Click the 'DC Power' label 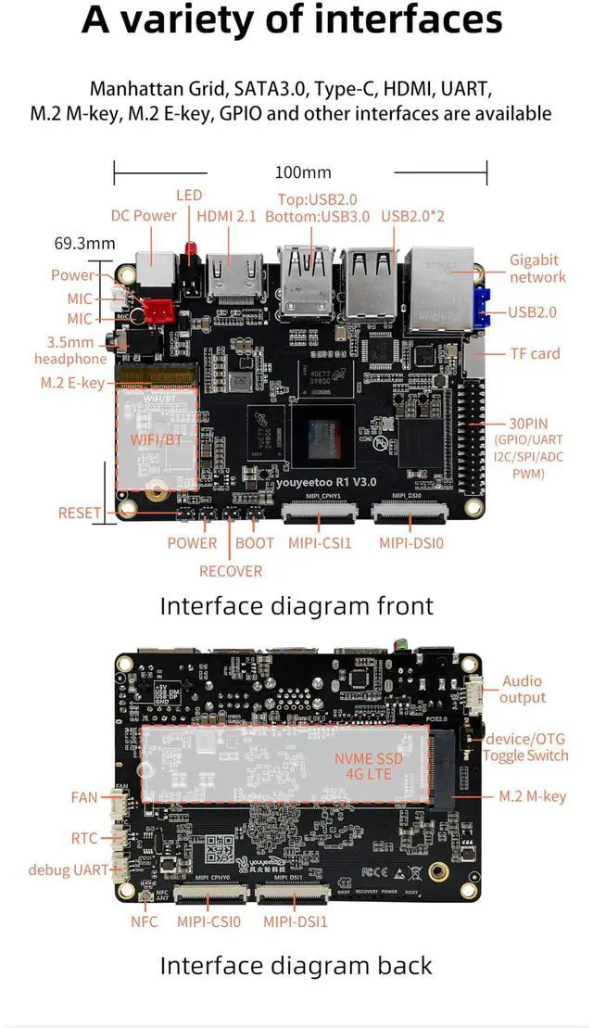point(144,215)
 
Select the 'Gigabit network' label point(537,269)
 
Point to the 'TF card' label point(536,353)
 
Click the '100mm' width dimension point(303,172)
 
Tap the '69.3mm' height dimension point(84,244)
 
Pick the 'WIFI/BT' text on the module point(157,438)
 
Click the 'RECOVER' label point(231,571)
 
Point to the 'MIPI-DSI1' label point(296,921)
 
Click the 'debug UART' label point(69,869)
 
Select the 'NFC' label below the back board point(144,921)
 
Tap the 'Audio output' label point(523,690)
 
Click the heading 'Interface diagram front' point(296,606)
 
